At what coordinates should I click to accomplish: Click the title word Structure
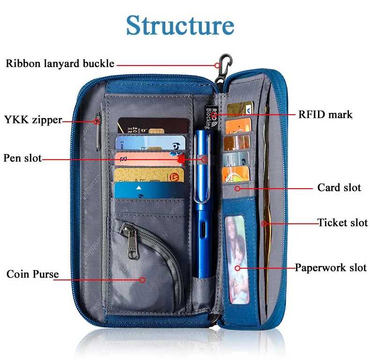pyautogui.click(x=180, y=25)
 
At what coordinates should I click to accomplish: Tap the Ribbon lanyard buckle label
pyautogui.click(x=60, y=64)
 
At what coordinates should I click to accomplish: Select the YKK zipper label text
pyautogui.click(x=33, y=120)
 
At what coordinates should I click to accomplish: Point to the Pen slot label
pyautogui.click(x=22, y=158)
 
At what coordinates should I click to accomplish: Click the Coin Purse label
pyautogui.click(x=33, y=274)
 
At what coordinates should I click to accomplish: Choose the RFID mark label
pyautogui.click(x=325, y=115)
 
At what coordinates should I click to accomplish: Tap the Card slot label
pyautogui.click(x=339, y=188)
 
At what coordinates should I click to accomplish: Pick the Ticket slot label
pyautogui.click(x=343, y=223)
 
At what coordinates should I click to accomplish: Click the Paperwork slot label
pyautogui.click(x=331, y=268)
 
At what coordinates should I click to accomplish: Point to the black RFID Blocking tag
pyautogui.click(x=211, y=117)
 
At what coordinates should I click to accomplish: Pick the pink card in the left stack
pyautogui.click(x=149, y=159)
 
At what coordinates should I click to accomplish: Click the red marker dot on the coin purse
pyautogui.click(x=142, y=280)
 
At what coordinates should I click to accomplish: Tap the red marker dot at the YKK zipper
pyautogui.click(x=96, y=122)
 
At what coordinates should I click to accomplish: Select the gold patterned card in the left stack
pyautogui.click(x=148, y=175)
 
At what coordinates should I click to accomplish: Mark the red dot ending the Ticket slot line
pyautogui.click(x=264, y=224)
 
